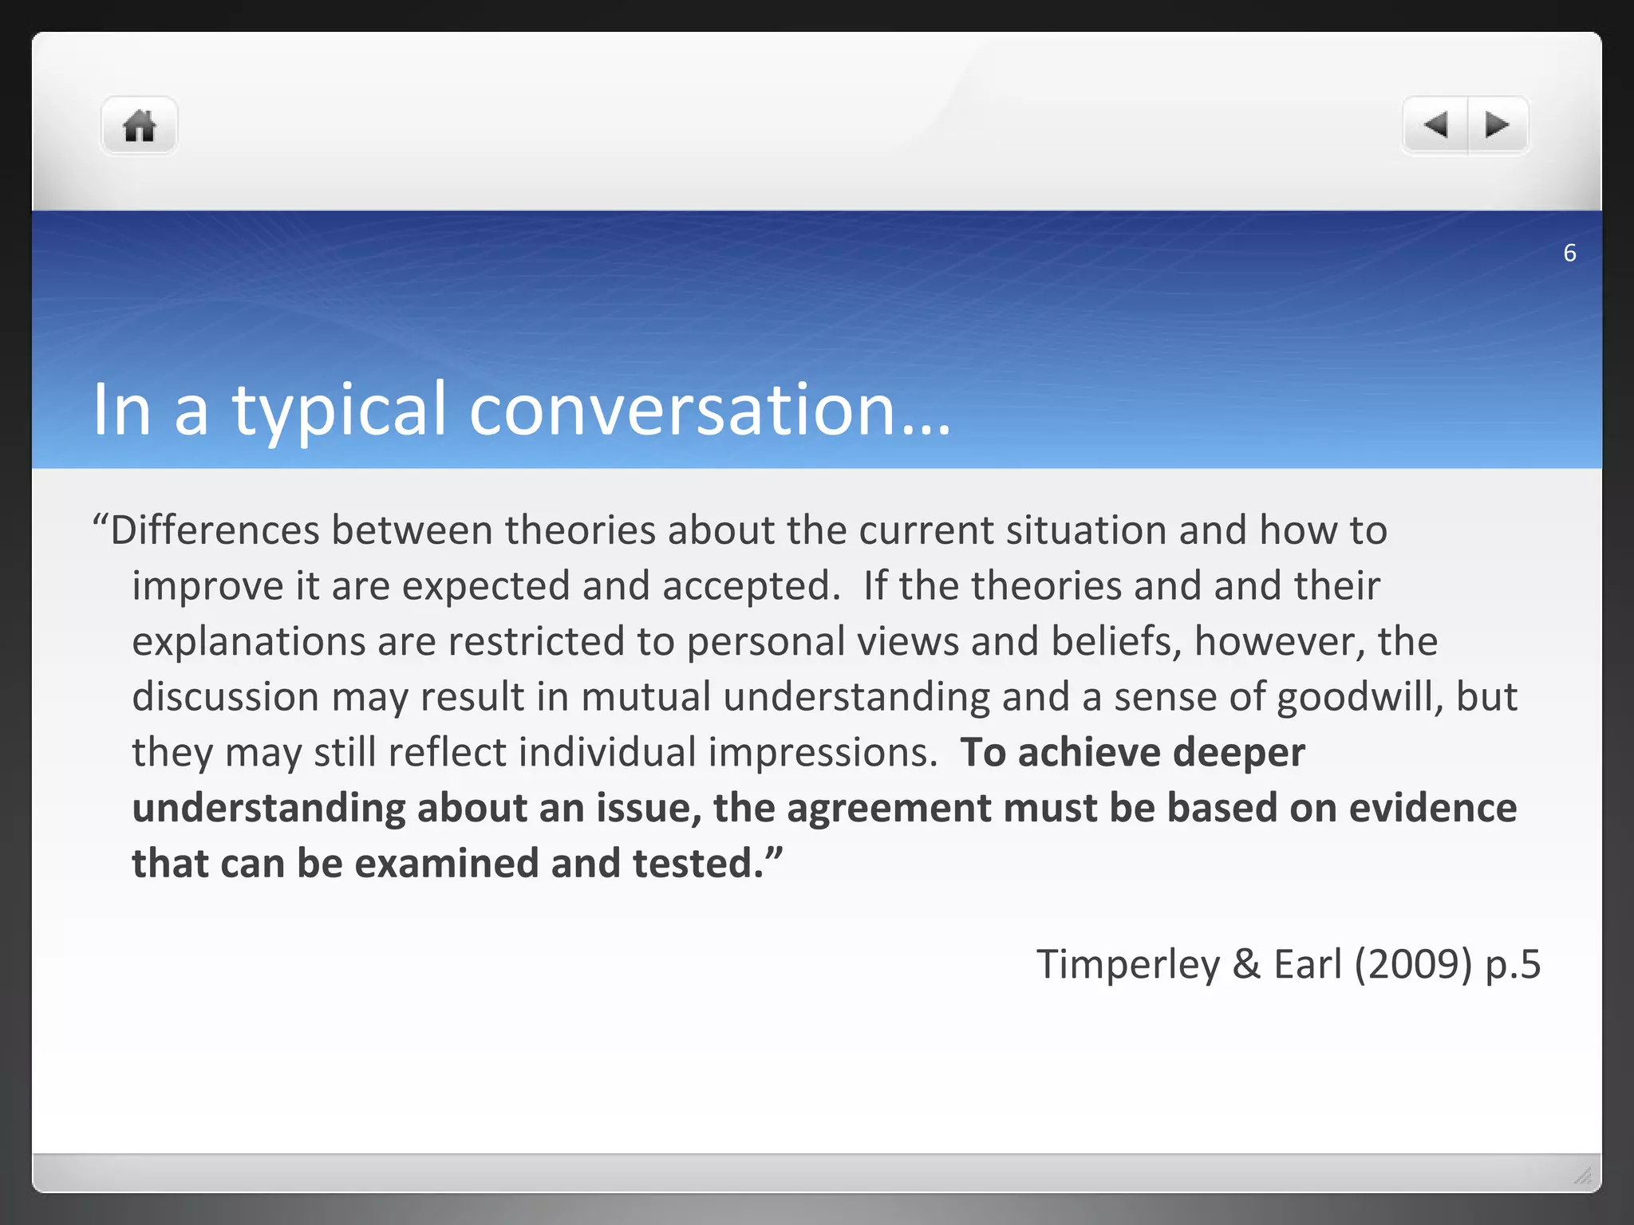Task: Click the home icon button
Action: coord(139,126)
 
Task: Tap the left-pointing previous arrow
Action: coord(1435,125)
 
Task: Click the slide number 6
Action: coord(1569,253)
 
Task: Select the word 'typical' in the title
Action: coord(338,410)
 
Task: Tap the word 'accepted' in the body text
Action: coord(747,586)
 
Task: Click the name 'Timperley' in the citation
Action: coord(1128,965)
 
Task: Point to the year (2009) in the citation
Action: coord(1413,965)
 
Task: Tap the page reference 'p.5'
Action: coord(1513,965)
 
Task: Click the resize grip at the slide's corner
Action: coord(1583,1175)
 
